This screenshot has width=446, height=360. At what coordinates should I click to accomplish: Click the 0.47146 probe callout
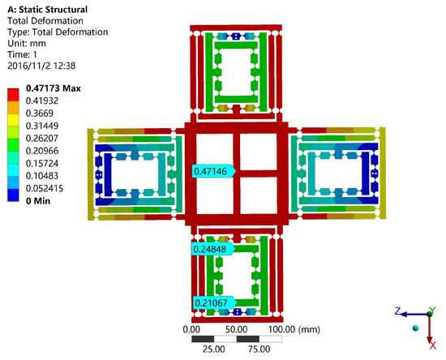coord(214,171)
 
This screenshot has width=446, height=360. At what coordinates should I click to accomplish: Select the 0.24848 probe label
coord(213,249)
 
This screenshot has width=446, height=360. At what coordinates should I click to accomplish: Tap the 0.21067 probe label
coord(214,303)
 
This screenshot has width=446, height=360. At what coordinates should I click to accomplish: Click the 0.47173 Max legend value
coord(54,88)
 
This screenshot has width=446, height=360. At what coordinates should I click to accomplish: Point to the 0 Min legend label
coord(38,201)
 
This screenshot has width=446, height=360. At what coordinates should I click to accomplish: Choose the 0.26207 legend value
coord(42,138)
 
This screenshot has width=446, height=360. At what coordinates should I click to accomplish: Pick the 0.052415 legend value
coord(45,188)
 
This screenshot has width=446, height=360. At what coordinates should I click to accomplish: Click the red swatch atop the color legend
coord(13,95)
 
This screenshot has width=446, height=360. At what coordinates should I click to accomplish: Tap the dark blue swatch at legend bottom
coord(13,195)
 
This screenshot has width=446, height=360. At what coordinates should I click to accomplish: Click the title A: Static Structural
coord(48,10)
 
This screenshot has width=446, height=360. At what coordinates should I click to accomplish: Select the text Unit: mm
coord(27,43)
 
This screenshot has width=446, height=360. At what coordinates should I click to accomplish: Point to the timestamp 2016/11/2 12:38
coord(41,66)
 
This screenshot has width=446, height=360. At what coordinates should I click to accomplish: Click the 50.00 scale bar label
coord(236,329)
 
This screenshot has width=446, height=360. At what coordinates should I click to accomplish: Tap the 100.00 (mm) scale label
coord(294,329)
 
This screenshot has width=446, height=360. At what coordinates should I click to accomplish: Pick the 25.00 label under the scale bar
coord(213,349)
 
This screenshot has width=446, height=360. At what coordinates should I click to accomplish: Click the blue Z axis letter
coord(398,311)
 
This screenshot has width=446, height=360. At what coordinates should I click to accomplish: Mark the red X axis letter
coord(433,345)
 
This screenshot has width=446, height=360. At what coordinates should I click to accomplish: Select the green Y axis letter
coord(432,310)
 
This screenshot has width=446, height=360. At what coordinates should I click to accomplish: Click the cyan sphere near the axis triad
coord(415,328)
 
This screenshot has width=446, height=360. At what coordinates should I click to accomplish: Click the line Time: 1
coord(22,54)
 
